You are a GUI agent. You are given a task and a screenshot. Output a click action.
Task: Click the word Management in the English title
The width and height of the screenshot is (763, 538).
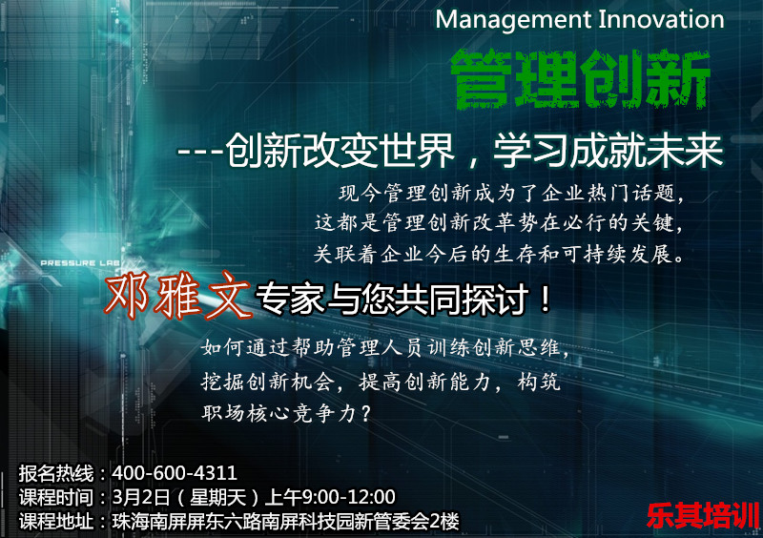tap(512, 21)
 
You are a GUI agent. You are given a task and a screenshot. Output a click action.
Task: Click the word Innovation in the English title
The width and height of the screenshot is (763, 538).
tap(661, 19)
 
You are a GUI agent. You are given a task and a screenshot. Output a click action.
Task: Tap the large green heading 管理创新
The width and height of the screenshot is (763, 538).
tap(580, 78)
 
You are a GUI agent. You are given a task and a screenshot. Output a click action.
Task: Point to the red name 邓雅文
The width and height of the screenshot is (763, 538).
tap(178, 295)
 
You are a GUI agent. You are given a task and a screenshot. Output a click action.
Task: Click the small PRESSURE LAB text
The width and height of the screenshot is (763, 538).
tap(80, 263)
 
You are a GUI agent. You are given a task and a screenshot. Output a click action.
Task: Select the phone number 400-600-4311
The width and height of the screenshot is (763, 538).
tap(175, 473)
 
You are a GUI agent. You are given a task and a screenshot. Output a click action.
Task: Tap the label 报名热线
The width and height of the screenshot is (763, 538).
tap(56, 473)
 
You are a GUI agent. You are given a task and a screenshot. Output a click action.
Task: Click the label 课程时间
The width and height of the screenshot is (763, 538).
tap(56, 498)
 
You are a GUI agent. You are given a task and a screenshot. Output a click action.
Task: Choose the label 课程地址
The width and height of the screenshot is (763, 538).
tap(56, 522)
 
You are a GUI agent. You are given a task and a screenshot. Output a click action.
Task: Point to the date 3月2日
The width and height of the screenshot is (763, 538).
tap(140, 497)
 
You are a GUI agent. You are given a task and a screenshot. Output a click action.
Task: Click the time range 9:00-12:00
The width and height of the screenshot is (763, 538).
tap(348, 497)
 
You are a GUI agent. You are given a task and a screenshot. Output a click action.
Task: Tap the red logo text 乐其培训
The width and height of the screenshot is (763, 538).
tap(703, 516)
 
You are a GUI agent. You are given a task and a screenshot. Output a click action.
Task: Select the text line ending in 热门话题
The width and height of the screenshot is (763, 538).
tap(511, 194)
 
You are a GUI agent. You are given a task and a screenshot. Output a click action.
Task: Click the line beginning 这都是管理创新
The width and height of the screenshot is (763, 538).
tap(499, 223)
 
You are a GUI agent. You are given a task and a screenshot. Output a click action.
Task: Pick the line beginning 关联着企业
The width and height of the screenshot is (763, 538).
tap(499, 254)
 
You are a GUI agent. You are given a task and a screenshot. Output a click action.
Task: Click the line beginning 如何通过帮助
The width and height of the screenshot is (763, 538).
tap(385, 348)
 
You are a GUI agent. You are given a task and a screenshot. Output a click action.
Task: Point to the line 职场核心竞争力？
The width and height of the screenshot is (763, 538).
tap(287, 413)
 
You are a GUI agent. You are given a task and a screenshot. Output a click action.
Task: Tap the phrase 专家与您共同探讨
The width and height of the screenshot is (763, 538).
tap(392, 299)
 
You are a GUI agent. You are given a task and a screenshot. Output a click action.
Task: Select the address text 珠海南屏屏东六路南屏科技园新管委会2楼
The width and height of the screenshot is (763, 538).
tap(285, 522)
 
